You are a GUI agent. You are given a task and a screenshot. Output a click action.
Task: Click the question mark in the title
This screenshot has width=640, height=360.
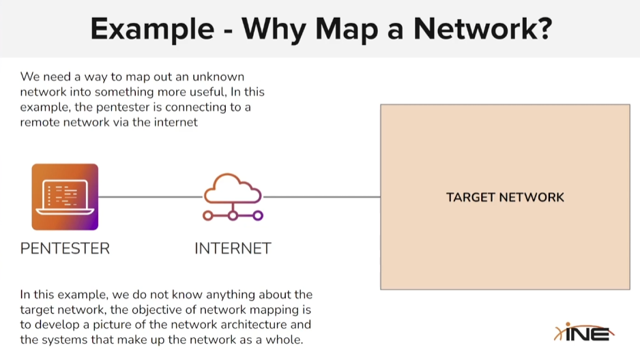coord(542,29)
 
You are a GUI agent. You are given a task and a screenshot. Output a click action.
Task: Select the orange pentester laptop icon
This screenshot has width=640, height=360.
coord(65,196)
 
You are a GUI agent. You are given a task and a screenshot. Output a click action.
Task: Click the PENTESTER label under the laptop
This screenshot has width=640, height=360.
coord(65,248)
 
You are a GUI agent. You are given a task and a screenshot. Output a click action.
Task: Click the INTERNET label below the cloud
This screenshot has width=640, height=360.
coord(233,248)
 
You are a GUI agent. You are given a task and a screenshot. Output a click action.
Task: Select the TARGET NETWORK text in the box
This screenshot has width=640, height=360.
coord(505,198)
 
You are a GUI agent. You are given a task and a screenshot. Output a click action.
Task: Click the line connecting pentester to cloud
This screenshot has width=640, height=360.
coord(150,197)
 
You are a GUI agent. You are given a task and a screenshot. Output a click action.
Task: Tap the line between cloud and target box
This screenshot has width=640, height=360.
coord(321,197)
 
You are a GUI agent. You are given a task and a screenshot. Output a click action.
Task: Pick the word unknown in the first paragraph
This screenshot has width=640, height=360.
coord(219,77)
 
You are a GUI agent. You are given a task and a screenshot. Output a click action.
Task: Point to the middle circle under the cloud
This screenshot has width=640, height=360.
coord(233,215)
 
